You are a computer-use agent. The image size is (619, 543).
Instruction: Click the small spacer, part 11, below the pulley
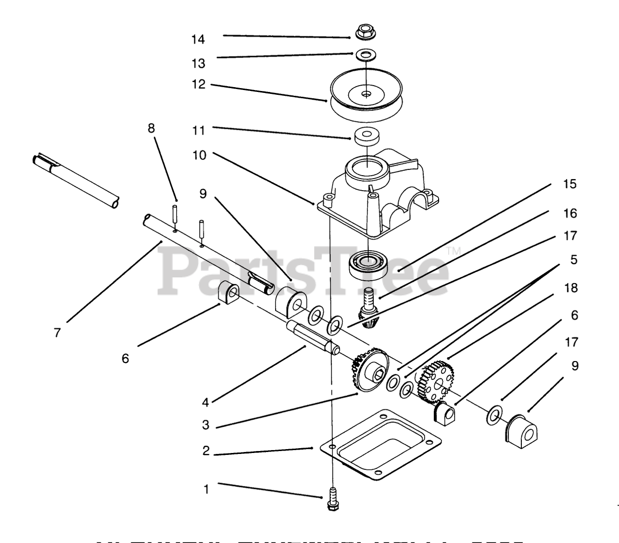coord(366,136)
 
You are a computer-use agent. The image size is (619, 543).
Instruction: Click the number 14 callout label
coord(198,39)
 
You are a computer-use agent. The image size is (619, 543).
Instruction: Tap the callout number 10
coord(199,155)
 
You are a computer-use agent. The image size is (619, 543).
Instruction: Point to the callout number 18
coord(571,288)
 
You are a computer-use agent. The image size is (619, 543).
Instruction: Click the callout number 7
coord(58,333)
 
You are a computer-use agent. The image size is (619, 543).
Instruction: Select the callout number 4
coord(206,402)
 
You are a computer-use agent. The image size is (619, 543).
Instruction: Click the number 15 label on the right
coord(570,184)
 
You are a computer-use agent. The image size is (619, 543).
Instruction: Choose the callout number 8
coord(151,128)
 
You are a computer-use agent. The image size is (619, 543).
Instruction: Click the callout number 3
coord(206,425)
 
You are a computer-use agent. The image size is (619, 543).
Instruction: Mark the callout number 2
coord(206,451)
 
